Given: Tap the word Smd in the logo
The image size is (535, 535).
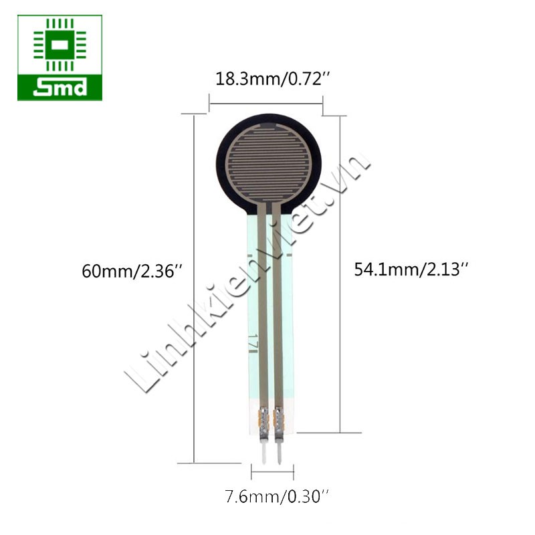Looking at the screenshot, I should [x=60, y=88].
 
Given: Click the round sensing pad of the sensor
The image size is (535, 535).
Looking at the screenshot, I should [x=268, y=163].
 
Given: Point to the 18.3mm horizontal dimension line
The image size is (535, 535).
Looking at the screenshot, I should [x=266, y=104].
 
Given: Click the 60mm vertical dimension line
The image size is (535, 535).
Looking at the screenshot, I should [x=194, y=288].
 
